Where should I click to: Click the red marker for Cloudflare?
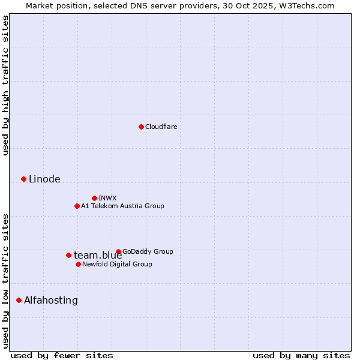pyautogui.click(x=141, y=127)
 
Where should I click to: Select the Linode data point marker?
pyautogui.click(x=23, y=179)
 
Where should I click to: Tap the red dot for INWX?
pyautogui.click(x=94, y=198)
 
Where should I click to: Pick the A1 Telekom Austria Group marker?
pyautogui.click(x=77, y=206)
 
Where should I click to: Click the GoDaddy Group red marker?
pyautogui.click(x=118, y=251)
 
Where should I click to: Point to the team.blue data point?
pyautogui.click(x=68, y=255)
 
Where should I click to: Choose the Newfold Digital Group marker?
pyautogui.click(x=78, y=264)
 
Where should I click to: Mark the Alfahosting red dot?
pyautogui.click(x=19, y=300)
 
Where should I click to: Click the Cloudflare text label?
pyautogui.click(x=161, y=127)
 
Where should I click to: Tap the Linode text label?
pyautogui.click(x=44, y=179)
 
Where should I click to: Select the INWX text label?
pyautogui.click(x=107, y=198)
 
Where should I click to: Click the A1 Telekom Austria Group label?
pyautogui.click(x=122, y=206)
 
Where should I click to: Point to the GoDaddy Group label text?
pyautogui.click(x=148, y=251)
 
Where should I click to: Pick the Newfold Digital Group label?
pyautogui.click(x=117, y=264)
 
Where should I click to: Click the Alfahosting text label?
pyautogui.click(x=51, y=300)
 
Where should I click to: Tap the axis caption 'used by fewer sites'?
pyautogui.click(x=62, y=355)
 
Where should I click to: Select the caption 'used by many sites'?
pyautogui.click(x=301, y=355)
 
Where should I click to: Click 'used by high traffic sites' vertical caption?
pyautogui.click(x=5, y=85)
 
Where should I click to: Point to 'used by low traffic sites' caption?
pyautogui.click(x=5, y=280)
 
